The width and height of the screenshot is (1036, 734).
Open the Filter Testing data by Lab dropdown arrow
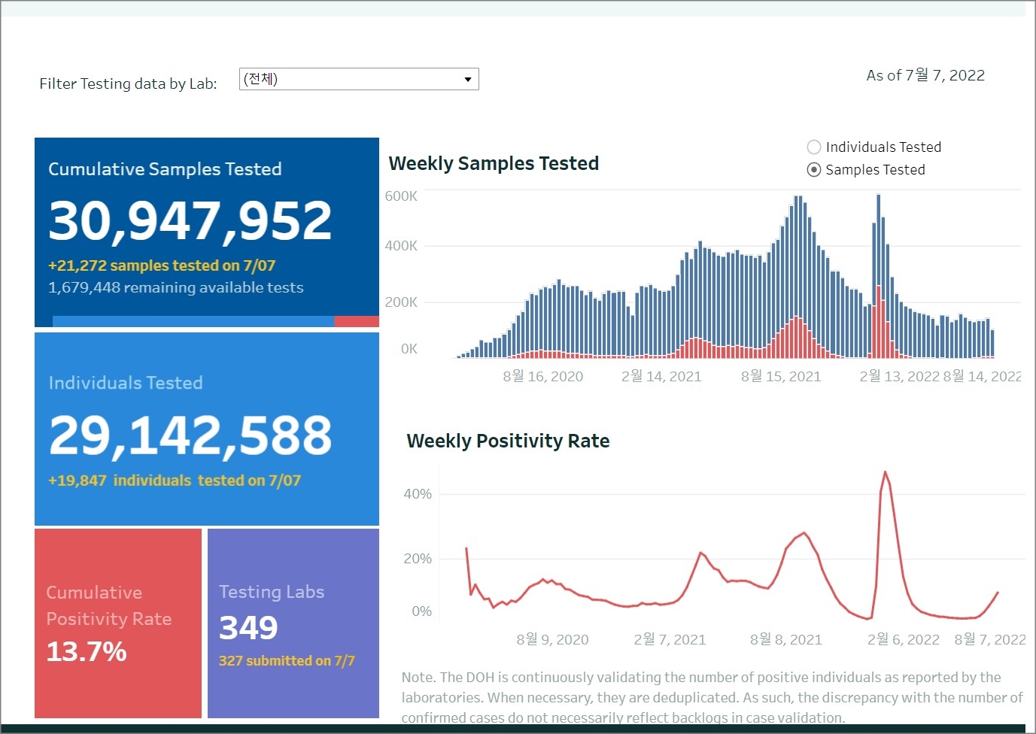click(467, 79)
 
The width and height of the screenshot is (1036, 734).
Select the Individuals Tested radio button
click(814, 147)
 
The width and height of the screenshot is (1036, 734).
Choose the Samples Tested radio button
click(814, 170)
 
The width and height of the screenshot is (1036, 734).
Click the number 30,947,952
click(190, 221)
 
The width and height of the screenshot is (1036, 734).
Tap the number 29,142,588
click(190, 435)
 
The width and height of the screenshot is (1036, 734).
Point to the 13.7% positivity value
click(87, 651)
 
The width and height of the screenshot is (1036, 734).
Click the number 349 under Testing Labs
click(248, 628)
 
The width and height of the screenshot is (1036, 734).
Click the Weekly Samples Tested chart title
click(494, 163)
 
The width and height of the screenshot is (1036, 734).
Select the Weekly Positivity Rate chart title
click(508, 441)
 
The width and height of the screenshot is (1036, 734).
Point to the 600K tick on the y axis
click(401, 196)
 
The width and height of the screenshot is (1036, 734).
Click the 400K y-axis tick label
click(401, 246)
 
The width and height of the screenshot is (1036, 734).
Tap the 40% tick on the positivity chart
click(418, 494)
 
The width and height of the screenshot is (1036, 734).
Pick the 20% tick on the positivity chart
click(418, 559)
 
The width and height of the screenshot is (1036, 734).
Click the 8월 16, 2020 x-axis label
click(542, 376)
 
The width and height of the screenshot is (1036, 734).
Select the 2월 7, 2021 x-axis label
click(670, 639)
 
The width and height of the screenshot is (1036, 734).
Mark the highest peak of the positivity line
click(885, 472)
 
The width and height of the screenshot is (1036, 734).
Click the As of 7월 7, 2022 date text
click(925, 75)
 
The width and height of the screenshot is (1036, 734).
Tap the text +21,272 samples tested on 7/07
click(162, 265)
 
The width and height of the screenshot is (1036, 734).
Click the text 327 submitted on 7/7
click(287, 661)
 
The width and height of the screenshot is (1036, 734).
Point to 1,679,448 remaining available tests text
click(176, 287)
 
